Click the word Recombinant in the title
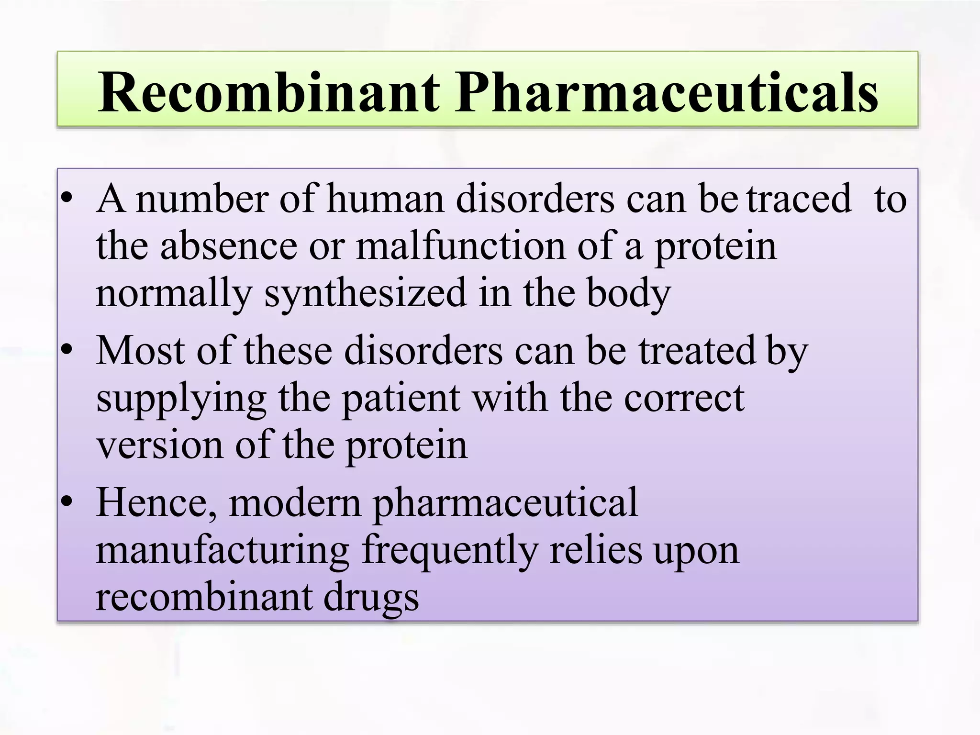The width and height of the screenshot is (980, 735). (x=268, y=92)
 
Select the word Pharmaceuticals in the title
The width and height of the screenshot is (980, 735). (x=666, y=92)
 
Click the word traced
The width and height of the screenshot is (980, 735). (x=800, y=199)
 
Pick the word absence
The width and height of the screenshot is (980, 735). (x=229, y=247)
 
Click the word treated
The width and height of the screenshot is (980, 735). (x=697, y=351)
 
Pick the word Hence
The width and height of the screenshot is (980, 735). (x=156, y=503)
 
